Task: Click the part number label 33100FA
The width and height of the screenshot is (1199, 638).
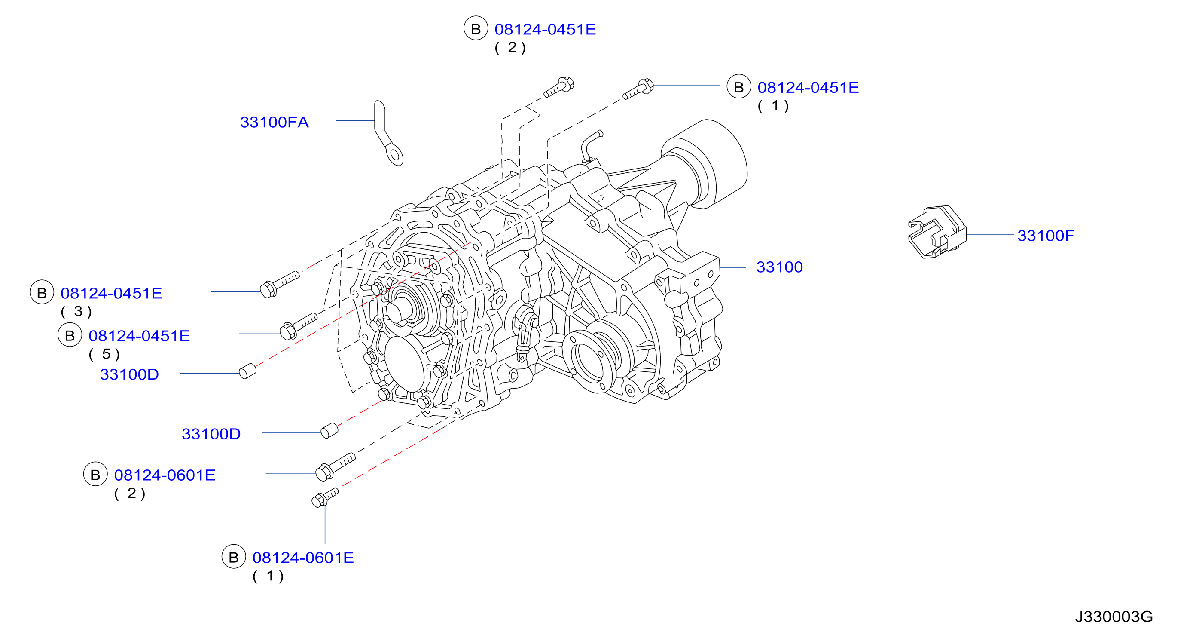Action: tap(274, 122)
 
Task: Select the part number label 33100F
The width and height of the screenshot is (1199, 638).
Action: tap(1045, 236)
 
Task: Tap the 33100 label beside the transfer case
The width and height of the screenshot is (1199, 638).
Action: tap(779, 267)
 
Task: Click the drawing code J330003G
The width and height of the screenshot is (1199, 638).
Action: tap(1114, 617)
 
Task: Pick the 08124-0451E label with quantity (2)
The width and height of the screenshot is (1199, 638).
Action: tap(545, 29)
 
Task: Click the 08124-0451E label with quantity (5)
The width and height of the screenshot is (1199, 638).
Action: tap(139, 336)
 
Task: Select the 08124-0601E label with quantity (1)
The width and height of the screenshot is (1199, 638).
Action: tap(303, 558)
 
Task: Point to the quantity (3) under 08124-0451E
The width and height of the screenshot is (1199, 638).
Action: tap(76, 311)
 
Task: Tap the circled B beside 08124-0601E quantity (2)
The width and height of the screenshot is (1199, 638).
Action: tap(95, 474)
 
